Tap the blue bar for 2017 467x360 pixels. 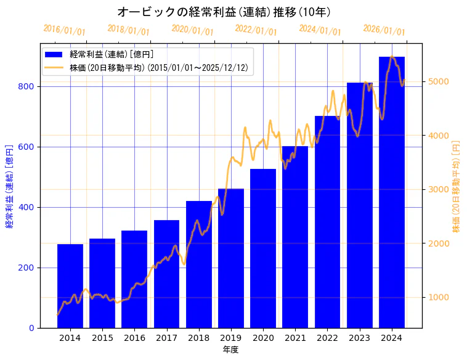[166, 274]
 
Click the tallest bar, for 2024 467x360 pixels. [392, 192]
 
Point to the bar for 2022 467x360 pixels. [328, 221]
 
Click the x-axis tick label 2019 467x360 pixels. [231, 338]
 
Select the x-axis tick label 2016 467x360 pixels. [134, 338]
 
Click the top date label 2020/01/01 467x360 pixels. [192, 30]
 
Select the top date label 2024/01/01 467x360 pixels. [320, 30]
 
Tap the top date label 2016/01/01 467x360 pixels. [64, 30]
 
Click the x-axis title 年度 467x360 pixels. [231, 350]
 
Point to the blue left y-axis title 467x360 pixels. [9, 187]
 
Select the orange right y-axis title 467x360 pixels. [456, 187]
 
